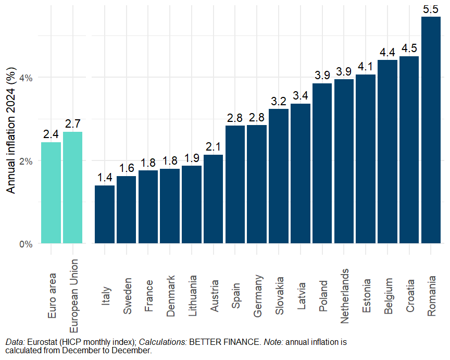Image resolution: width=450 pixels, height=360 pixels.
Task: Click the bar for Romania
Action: [431, 130]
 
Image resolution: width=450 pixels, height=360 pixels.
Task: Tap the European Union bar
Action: [72, 188]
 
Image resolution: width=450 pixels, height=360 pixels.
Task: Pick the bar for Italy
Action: [105, 214]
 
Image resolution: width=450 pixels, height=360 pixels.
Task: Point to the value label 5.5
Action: [431, 9]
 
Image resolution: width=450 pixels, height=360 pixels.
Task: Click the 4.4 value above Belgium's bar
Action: [387, 53]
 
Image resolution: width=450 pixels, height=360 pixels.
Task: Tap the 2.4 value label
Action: [51, 134]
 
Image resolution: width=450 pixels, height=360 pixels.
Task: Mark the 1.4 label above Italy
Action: [105, 178]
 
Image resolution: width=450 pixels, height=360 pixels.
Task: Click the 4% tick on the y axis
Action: [26, 78]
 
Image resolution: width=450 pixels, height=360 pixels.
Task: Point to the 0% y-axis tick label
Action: [26, 244]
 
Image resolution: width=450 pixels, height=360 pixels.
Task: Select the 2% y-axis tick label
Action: [26, 160]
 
